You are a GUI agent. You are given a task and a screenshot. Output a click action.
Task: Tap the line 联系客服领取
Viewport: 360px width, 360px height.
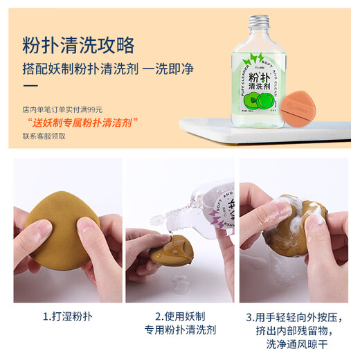point(44,136)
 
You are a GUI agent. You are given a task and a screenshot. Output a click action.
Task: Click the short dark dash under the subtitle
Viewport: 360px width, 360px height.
point(30,86)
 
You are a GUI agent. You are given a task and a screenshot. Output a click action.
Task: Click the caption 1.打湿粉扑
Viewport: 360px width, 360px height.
point(67,317)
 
